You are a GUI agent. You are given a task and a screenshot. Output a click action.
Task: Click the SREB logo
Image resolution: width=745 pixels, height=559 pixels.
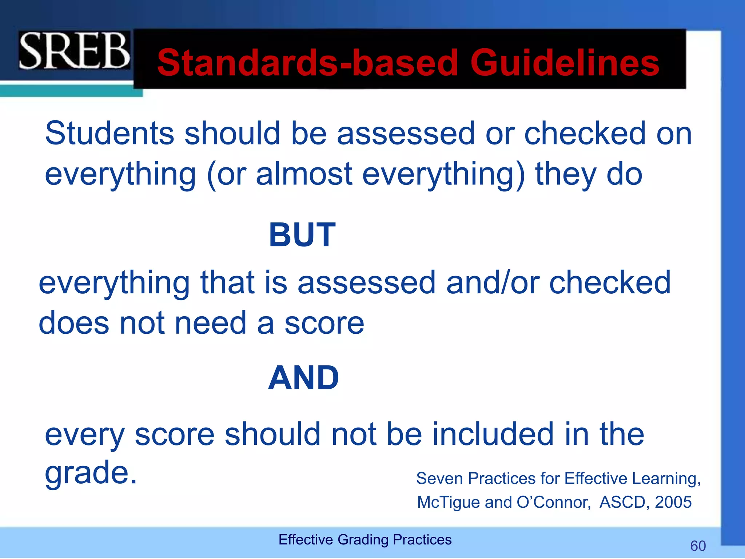[x=74, y=51]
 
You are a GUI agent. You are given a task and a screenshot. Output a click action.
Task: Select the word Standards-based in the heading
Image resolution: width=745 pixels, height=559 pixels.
[x=307, y=63]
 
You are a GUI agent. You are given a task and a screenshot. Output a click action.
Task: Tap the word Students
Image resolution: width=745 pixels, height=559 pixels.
[x=109, y=133]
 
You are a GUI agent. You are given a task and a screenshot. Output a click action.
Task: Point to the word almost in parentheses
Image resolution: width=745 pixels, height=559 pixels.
[x=304, y=174]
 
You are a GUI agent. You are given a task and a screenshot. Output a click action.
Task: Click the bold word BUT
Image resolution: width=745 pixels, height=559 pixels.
[x=302, y=235]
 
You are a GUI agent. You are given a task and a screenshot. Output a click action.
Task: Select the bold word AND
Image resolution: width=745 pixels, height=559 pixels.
[x=303, y=378]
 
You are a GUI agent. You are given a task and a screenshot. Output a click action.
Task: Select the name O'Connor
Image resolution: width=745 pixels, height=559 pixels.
[x=553, y=502]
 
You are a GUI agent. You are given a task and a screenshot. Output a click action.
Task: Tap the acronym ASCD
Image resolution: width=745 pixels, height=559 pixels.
[x=622, y=502]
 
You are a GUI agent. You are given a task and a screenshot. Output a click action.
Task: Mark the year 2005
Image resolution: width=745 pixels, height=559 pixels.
[x=673, y=502]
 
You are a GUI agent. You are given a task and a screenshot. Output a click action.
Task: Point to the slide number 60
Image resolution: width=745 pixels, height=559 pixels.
[x=698, y=546]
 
